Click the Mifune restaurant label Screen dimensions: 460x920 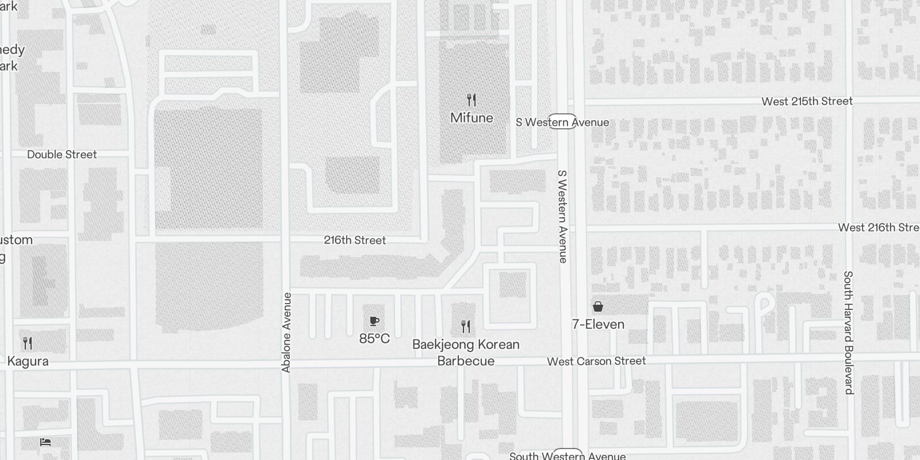[471, 118]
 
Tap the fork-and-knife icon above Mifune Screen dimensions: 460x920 [471, 101]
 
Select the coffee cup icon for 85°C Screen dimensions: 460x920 [374, 321]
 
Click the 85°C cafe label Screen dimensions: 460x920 [374, 339]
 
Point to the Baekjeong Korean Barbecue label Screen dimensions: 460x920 [466, 352]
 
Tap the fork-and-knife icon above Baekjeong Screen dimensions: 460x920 [466, 327]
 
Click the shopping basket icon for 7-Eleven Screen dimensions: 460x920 [598, 306]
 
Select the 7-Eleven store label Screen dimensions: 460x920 [598, 324]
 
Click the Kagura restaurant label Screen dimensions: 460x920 [28, 361]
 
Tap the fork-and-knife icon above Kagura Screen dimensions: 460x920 [28, 343]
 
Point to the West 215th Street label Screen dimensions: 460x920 [807, 101]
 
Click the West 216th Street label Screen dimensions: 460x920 [878, 228]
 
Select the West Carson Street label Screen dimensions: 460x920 [596, 361]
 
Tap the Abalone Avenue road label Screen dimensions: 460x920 [287, 332]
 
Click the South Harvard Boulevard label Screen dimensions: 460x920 [848, 332]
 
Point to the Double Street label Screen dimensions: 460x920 [62, 155]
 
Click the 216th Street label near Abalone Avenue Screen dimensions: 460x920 [355, 240]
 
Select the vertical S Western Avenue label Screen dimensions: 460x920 [563, 216]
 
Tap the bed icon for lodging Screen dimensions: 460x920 [45, 442]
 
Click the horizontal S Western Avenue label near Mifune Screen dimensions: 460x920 [562, 122]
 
